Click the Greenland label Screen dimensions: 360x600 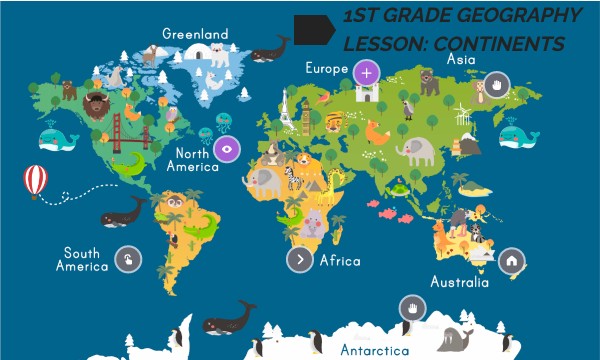point(195,33)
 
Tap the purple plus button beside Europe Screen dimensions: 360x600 point(367,72)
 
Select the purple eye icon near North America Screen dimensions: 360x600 point(227,150)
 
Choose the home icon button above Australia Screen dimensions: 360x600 point(511,261)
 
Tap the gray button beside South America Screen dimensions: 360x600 point(128,260)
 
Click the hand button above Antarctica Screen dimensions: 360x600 point(411,307)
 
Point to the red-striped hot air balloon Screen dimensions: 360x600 point(36,181)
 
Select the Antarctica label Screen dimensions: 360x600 point(374,351)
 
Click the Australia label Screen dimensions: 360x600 point(459,282)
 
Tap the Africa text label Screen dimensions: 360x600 point(339,260)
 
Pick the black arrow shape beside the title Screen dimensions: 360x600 point(313,29)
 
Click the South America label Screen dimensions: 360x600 point(82,260)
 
